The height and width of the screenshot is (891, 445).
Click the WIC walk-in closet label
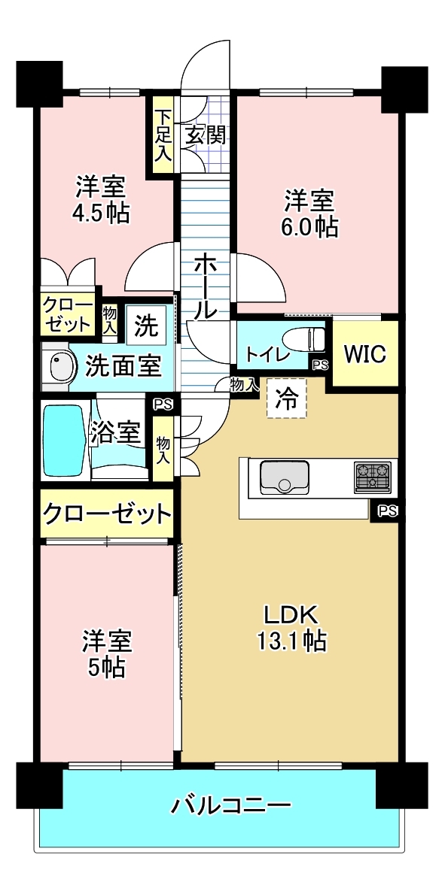click(364, 353)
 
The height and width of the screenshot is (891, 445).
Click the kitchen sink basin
click(285, 477)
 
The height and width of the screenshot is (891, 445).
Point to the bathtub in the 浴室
click(65, 440)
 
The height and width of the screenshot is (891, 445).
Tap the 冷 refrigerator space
click(287, 399)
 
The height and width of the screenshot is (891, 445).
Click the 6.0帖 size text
click(309, 227)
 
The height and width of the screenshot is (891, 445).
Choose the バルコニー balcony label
click(231, 805)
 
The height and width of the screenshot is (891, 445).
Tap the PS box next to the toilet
click(320, 365)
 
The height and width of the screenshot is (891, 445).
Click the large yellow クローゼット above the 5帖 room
click(107, 514)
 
